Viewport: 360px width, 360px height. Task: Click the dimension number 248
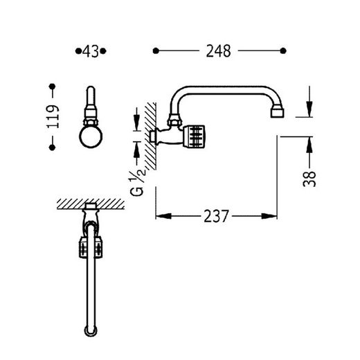pyautogui.click(x=218, y=51)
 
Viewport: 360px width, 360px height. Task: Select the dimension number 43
pyautogui.click(x=91, y=51)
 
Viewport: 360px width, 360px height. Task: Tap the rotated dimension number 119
pyautogui.click(x=53, y=116)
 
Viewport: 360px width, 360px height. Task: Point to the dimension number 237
pyautogui.click(x=216, y=216)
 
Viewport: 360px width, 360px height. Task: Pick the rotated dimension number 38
pyautogui.click(x=309, y=179)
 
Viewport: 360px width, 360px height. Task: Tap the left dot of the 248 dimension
pyautogui.click(x=156, y=51)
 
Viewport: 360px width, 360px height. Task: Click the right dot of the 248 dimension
pyautogui.click(x=283, y=51)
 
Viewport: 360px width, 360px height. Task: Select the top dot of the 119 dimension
pyautogui.click(x=53, y=87)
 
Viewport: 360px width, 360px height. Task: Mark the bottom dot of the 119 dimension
pyautogui.click(x=53, y=147)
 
